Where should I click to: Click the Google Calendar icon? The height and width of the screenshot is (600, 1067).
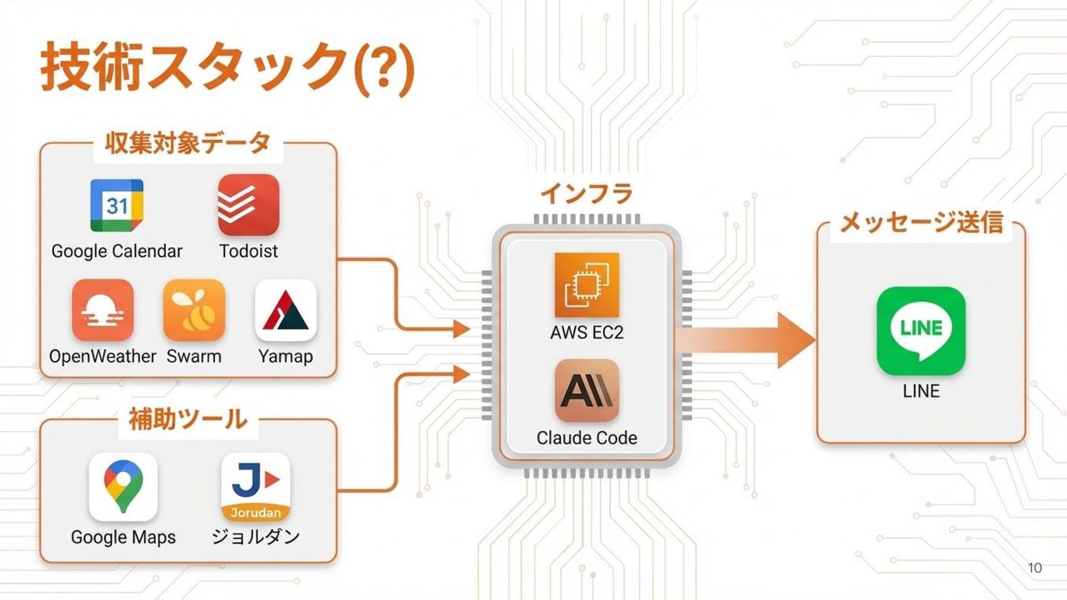[117, 205]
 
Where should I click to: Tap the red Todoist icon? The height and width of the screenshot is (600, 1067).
[248, 205]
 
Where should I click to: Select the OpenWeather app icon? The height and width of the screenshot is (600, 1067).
[103, 310]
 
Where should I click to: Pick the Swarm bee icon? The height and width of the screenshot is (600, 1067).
[194, 310]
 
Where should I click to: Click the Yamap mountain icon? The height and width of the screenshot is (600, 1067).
[286, 310]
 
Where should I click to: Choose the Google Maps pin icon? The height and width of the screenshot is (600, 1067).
[123, 487]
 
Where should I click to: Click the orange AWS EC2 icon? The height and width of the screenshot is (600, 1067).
[587, 285]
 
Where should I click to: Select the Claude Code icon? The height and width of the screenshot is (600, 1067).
[587, 390]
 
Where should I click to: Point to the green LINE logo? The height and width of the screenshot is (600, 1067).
[921, 330]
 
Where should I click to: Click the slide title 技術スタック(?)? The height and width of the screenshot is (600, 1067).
[227, 68]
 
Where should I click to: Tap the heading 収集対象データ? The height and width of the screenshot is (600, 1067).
[187, 144]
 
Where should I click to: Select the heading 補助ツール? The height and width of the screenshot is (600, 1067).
[187, 419]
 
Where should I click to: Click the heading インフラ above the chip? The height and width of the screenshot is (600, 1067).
[586, 194]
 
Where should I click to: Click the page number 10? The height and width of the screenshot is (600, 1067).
[1035, 568]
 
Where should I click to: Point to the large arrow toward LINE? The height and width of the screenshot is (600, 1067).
[748, 340]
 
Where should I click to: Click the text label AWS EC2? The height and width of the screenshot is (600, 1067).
[587, 333]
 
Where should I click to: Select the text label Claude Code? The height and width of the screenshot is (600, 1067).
[587, 438]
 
